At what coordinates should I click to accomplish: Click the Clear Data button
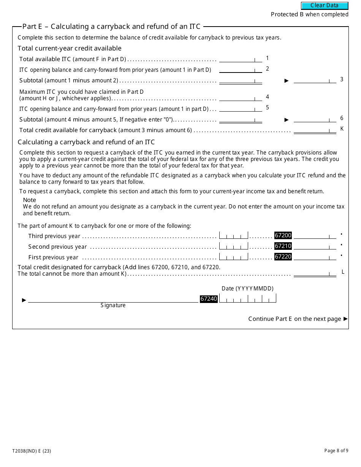point(325,6)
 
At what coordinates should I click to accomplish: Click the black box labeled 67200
point(283,235)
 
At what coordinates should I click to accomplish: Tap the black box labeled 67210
point(283,246)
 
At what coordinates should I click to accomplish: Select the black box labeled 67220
point(283,257)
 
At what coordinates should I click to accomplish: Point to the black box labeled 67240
point(209,299)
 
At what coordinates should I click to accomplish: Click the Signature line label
point(113,305)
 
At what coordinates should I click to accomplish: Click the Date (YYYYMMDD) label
point(247,289)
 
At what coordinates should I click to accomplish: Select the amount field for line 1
point(240,59)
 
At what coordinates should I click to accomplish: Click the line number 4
point(268,97)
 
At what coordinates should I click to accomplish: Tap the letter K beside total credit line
point(342,129)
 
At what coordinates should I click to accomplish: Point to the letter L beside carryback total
point(343,272)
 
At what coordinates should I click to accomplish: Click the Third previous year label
point(54,236)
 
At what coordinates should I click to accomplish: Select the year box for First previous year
point(233,257)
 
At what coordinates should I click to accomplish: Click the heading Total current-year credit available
point(70,48)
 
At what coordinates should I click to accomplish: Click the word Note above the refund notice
point(30,200)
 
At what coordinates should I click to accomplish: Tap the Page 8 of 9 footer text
point(336,451)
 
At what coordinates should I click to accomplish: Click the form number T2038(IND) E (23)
point(32,451)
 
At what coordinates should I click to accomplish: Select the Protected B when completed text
point(309,14)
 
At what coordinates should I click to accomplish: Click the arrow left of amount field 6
point(287,120)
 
